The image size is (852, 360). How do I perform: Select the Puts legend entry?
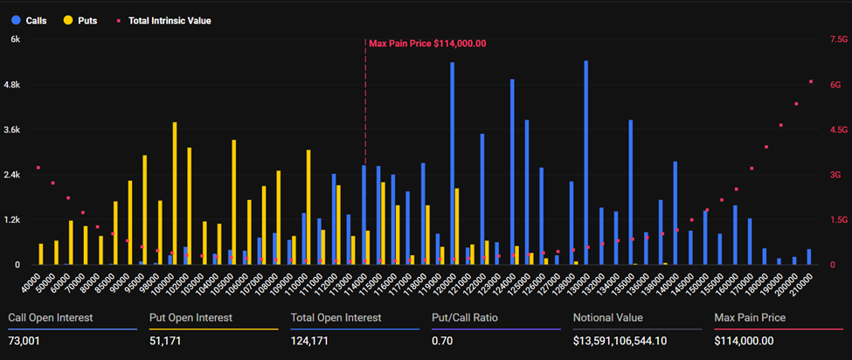(80, 19)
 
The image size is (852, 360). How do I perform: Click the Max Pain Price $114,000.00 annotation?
(427, 43)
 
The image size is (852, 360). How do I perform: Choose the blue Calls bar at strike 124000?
(512, 171)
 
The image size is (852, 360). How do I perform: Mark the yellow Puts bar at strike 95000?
(144, 210)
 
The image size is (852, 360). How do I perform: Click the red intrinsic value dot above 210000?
(811, 81)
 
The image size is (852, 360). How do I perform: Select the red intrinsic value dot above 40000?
(38, 167)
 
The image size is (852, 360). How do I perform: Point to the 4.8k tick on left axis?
(15, 84)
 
